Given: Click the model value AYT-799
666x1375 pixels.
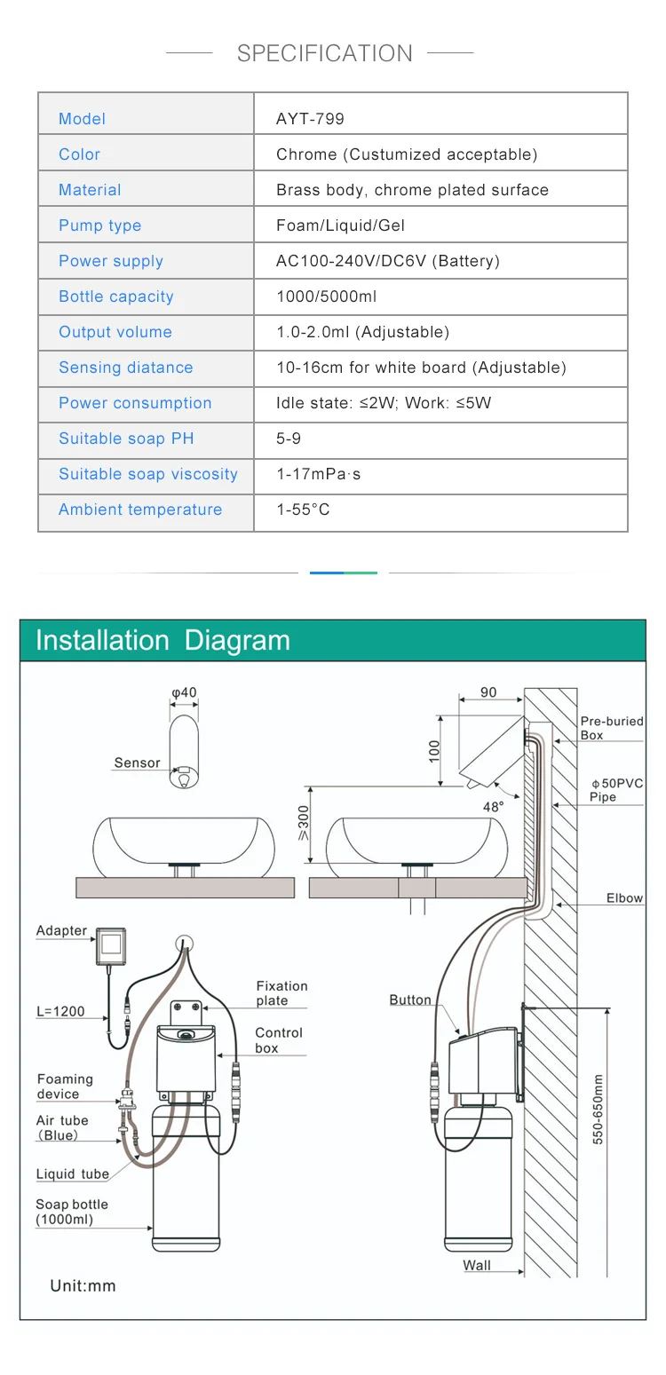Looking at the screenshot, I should [310, 119].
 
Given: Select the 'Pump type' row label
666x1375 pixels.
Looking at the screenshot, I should [99, 225].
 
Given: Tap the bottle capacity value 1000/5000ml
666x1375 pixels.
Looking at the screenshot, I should [326, 296].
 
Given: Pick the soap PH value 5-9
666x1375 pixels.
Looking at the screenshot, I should [289, 439].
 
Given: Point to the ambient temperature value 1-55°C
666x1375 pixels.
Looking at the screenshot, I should [303, 510].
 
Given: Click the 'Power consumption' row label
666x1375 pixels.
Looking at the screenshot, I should [135, 403].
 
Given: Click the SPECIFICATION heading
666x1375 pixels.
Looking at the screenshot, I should [324, 53].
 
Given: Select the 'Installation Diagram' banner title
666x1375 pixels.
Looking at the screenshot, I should [163, 640].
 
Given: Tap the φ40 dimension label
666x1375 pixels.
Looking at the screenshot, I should [184, 693].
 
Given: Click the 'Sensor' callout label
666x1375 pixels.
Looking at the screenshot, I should [137, 763].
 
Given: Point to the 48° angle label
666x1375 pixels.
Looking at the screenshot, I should [493, 807].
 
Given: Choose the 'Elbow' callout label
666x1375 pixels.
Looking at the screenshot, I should [624, 898].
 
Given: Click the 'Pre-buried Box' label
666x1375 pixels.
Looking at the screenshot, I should [611, 728].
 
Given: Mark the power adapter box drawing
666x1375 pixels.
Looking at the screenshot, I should [112, 946].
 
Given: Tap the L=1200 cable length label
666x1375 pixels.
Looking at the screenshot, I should [60, 1011].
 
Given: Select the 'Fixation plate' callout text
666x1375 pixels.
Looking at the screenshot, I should [281, 993].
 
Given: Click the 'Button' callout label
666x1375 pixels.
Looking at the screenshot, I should [410, 1000].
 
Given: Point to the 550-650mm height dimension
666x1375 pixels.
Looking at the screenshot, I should [598, 1109].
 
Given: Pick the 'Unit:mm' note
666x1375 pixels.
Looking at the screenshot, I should [83, 1285].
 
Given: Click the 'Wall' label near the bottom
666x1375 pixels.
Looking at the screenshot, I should [477, 1266].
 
